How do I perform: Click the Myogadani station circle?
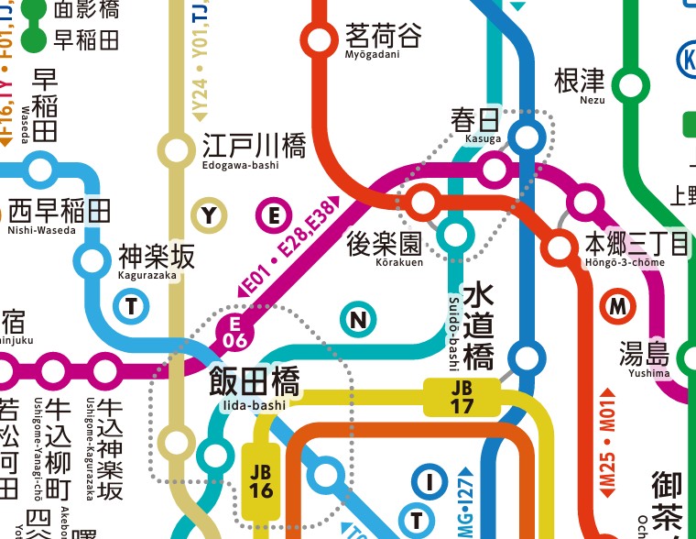[x=320, y=39]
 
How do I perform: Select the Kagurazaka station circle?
[x=92, y=260]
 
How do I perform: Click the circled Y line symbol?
[x=210, y=216]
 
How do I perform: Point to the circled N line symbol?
[x=359, y=320]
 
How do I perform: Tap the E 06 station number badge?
[x=234, y=333]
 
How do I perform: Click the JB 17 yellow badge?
[x=462, y=397]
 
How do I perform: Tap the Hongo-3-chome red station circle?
[x=557, y=247]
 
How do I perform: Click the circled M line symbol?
[x=620, y=306]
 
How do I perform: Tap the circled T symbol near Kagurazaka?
[x=132, y=306]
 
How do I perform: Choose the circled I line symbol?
[x=427, y=480]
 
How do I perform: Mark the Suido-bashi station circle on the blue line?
[x=527, y=357]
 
